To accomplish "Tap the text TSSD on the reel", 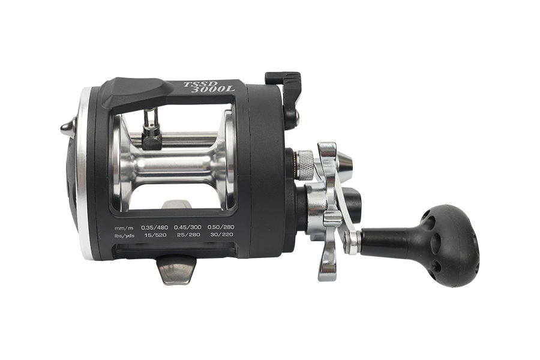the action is click(x=194, y=84).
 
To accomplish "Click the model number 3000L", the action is click(x=213, y=89).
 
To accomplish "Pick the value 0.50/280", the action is click(x=220, y=227).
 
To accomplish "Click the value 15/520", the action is click(x=155, y=235).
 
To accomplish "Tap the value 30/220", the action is click(x=222, y=235).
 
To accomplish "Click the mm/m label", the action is click(x=123, y=228).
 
